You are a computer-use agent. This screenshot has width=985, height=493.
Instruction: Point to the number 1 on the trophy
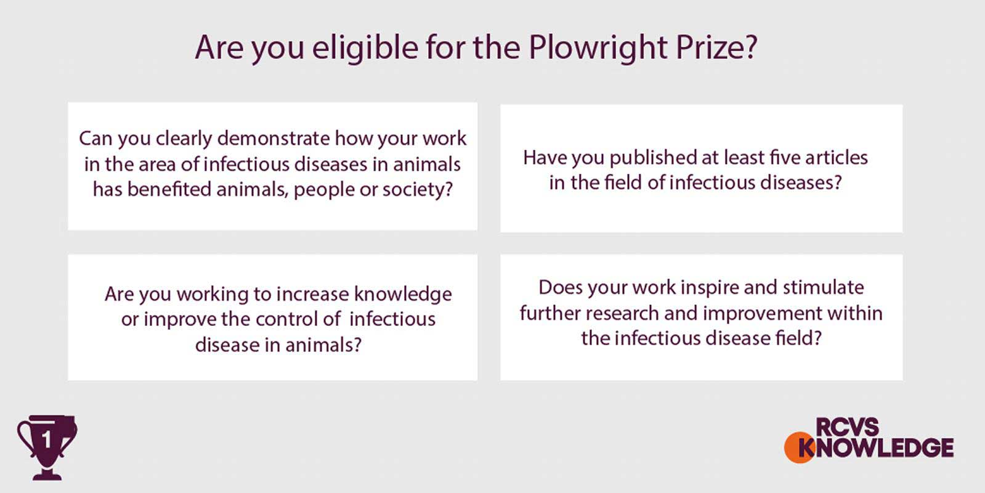tap(46, 440)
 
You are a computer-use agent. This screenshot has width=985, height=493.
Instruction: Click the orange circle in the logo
tap(799, 447)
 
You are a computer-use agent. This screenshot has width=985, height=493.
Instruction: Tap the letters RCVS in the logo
tap(848, 427)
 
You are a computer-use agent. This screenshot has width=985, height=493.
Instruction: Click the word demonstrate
tap(274, 138)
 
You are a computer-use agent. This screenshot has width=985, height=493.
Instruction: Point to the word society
tap(417, 190)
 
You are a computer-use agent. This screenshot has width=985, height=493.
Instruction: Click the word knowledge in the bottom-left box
tap(403, 294)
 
